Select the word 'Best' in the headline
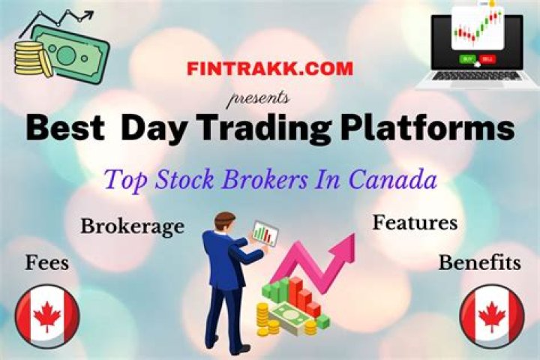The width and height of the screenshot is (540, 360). point(67,129)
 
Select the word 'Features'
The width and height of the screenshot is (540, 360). point(415,223)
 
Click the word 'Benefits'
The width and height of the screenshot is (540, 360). point(479,262)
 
